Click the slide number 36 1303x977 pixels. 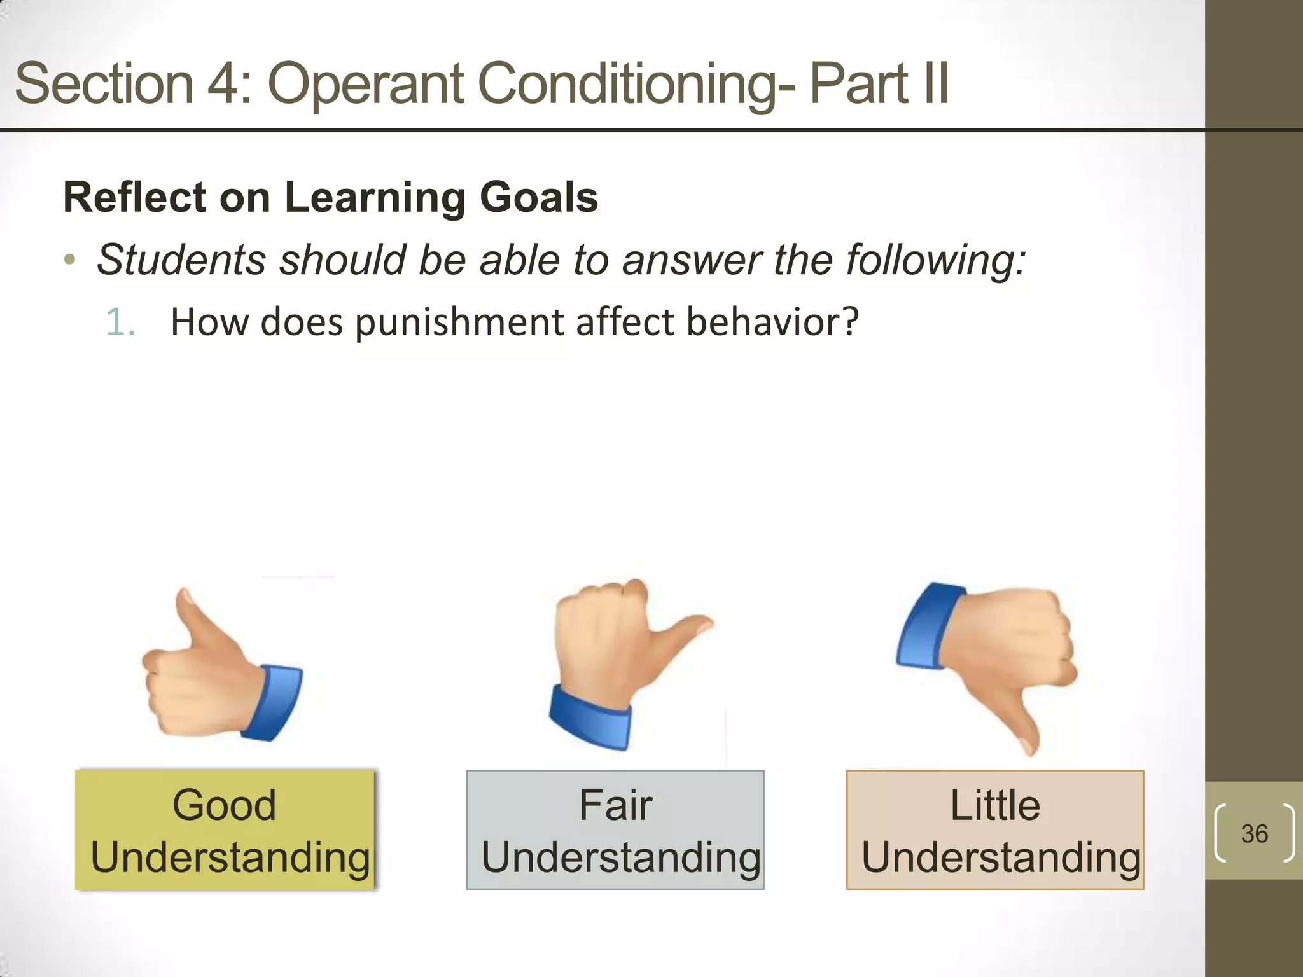(x=1254, y=833)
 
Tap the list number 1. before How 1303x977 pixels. (x=120, y=322)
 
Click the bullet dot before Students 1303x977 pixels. (x=70, y=260)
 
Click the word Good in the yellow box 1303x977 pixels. (x=224, y=805)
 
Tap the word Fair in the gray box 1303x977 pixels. (x=615, y=805)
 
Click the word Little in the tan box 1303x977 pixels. (x=995, y=805)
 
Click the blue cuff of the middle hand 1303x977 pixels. (x=590, y=719)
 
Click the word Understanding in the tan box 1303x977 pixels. (x=1001, y=857)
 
